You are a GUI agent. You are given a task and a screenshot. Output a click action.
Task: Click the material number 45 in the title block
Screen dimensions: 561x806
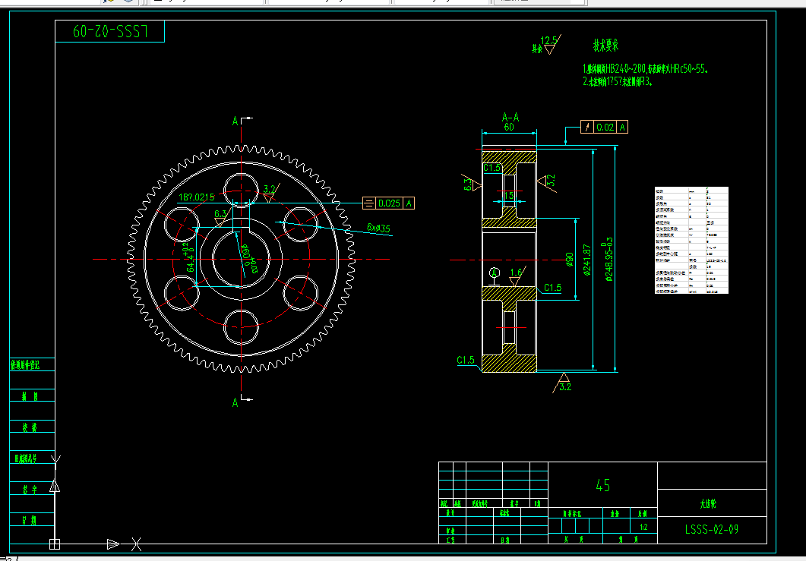pos(603,485)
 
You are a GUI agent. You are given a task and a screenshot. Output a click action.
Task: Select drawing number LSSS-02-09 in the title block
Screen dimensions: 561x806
pos(711,529)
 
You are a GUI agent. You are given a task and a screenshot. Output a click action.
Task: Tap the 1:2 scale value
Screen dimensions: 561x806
pos(643,526)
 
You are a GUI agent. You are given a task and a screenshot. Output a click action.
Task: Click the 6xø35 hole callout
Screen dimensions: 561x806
pos(378,227)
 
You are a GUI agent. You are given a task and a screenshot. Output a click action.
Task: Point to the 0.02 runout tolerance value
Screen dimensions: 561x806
pos(605,127)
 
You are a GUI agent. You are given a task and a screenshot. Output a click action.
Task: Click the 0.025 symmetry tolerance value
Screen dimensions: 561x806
pos(390,203)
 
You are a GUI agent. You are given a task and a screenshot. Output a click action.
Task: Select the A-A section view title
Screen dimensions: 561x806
pos(510,118)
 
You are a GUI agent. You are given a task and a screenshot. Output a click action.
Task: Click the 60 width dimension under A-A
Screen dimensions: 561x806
pos(508,128)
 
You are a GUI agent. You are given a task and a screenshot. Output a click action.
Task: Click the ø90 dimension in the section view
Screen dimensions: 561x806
pos(569,260)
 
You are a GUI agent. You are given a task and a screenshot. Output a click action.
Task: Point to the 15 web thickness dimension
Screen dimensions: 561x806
pos(508,196)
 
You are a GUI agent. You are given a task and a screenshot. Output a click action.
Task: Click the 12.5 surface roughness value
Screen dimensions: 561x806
pos(548,39)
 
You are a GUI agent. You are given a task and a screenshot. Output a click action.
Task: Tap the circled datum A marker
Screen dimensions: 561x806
pos(495,272)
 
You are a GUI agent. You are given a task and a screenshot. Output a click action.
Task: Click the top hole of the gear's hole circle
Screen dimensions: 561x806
pos(242,188)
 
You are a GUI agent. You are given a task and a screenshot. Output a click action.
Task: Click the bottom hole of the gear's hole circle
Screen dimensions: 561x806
pos(242,327)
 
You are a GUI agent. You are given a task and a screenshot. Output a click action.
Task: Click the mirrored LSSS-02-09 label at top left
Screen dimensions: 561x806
pos(109,31)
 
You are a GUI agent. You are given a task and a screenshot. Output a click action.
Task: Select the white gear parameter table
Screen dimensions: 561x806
pos(691,240)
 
